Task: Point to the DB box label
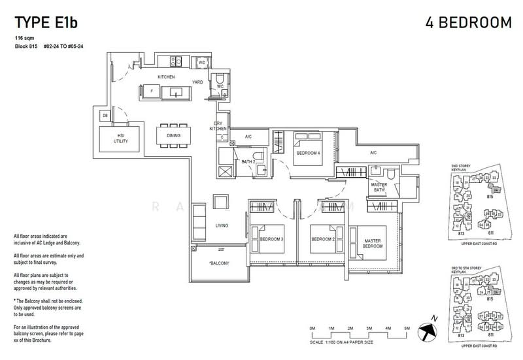(x=105, y=116)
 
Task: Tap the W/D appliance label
(x=202, y=62)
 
